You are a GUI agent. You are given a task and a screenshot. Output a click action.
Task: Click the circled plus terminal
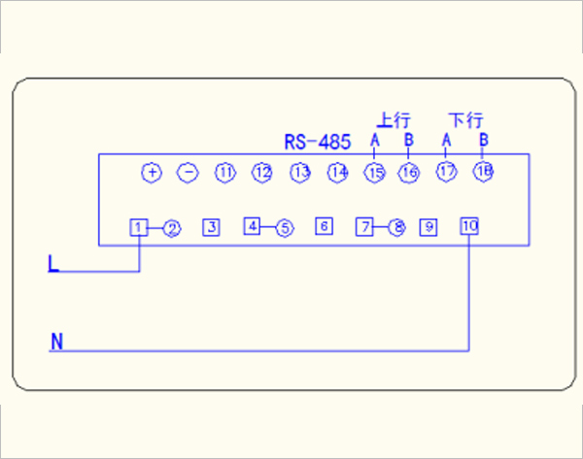click(152, 173)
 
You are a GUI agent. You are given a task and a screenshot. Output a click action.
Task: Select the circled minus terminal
click(189, 173)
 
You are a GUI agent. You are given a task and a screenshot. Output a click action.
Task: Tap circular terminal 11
click(225, 173)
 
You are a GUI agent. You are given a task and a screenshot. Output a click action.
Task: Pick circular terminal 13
click(300, 173)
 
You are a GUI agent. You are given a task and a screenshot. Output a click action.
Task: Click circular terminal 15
click(375, 173)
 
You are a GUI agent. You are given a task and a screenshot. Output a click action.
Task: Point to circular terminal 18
click(483, 172)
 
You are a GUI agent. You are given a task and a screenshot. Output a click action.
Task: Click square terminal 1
click(140, 227)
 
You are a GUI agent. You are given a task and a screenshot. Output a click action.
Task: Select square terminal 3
click(211, 227)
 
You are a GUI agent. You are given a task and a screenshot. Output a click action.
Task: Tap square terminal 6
click(325, 227)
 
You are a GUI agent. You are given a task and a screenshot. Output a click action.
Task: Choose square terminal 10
click(469, 226)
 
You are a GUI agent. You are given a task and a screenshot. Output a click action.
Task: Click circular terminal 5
click(284, 228)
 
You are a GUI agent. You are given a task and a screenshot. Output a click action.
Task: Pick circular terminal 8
click(396, 228)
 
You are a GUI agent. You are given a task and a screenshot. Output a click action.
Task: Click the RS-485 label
click(317, 143)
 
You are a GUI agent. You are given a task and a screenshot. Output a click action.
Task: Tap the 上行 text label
click(394, 121)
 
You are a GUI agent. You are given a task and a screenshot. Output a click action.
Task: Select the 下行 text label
click(465, 121)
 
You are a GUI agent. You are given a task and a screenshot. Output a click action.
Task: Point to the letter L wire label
click(52, 263)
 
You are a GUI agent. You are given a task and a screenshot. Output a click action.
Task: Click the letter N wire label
click(56, 341)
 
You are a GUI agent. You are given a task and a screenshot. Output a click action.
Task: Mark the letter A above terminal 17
click(446, 141)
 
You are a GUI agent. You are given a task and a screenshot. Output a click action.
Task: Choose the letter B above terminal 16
click(409, 141)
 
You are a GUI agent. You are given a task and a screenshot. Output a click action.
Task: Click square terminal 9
click(429, 227)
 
